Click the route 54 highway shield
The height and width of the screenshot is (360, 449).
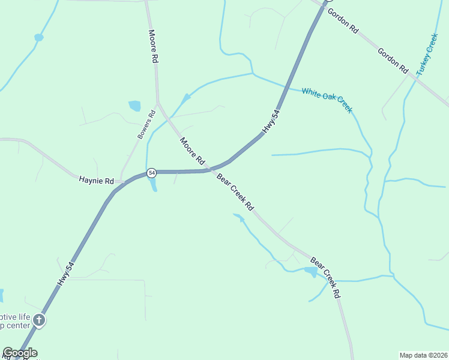(151, 172)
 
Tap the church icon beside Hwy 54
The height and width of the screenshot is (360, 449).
(39, 320)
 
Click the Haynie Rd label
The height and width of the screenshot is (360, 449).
(96, 180)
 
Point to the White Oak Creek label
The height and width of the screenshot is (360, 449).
(327, 100)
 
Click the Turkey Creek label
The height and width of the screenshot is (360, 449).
(428, 54)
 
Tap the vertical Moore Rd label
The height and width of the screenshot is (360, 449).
(154, 47)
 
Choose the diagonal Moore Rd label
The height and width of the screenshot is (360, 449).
(193, 151)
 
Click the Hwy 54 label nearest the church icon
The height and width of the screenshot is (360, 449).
(65, 274)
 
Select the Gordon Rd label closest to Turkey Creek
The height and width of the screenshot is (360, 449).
(393, 61)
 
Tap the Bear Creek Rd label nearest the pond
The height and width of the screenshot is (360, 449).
(325, 277)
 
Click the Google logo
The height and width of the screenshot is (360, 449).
(20, 353)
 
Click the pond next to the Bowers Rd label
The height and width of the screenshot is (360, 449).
(134, 106)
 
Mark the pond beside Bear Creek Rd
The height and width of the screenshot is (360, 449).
(310, 272)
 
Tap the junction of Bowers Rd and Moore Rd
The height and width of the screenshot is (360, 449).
(158, 103)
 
